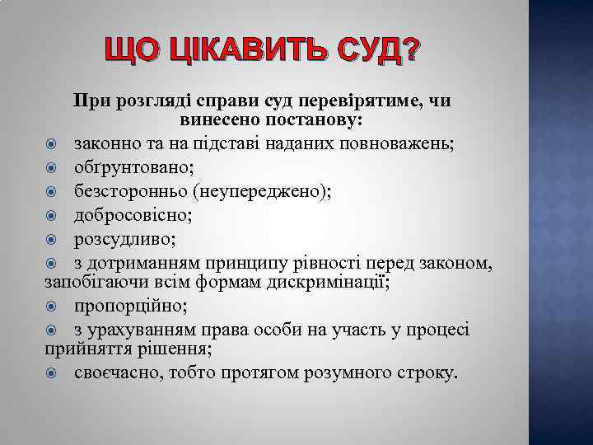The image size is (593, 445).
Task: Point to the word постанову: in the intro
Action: coord(316,120)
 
